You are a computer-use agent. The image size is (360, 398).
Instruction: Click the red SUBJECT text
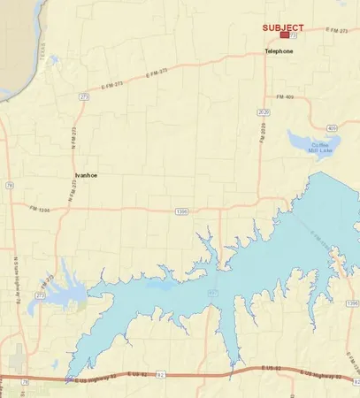[284, 27]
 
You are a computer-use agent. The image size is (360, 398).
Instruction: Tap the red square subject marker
[284, 36]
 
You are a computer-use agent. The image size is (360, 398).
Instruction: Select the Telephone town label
[279, 51]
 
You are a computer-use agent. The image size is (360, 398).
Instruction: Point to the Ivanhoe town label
[86, 176]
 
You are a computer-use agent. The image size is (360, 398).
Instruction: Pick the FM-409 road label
[286, 96]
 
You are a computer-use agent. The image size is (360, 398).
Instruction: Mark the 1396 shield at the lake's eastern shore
[352, 303]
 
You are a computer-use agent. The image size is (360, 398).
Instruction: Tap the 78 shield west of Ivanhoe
[8, 186]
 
